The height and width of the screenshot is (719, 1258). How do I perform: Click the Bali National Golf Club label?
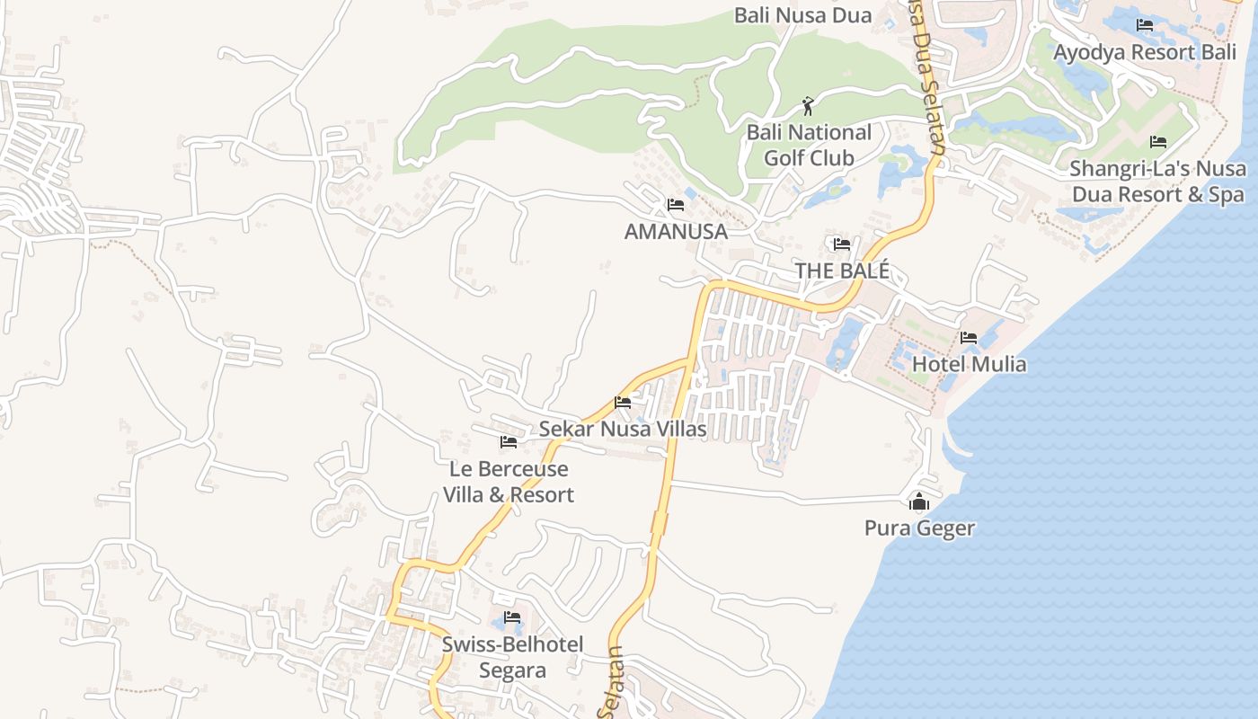809,145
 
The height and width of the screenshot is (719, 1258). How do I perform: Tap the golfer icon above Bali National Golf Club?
808,107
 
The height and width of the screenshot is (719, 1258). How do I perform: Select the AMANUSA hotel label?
676,232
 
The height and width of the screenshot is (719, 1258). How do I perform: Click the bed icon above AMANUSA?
676,205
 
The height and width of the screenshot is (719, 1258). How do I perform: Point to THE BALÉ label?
842,271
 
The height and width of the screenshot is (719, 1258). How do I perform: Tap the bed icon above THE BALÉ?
842,244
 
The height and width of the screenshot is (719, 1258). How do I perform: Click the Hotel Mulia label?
969,364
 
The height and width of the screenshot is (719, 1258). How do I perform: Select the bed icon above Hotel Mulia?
969,338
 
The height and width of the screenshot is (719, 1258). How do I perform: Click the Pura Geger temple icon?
918,502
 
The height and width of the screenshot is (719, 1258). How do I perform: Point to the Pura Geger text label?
919,528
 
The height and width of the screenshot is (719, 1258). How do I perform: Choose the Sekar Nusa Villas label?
623,430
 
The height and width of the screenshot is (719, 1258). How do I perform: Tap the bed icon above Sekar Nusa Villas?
623,403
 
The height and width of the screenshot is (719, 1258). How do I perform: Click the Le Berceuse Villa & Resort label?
509,482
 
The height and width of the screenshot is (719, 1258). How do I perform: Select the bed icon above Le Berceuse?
509,441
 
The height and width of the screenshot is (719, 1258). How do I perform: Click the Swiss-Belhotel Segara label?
512,657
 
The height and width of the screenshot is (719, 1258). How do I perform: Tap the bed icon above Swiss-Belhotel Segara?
512,617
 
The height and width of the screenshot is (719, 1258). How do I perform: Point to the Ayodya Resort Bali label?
1145,52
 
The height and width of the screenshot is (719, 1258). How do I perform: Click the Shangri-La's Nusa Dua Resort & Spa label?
1157,182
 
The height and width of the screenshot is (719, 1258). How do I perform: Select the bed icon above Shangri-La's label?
1158,142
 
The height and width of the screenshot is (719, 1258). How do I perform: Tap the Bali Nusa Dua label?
803,15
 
